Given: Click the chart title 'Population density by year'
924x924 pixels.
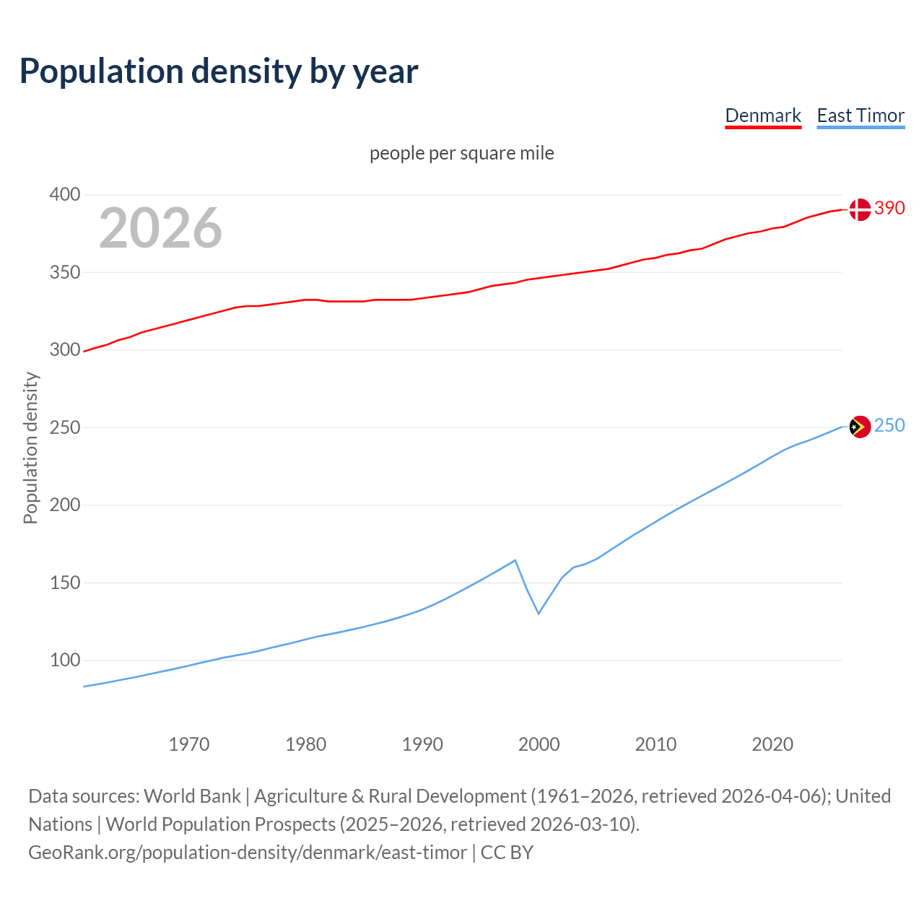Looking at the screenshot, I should click(x=219, y=71).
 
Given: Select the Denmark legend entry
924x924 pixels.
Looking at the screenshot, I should click(x=763, y=115).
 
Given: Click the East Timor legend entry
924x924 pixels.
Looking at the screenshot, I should click(x=860, y=115).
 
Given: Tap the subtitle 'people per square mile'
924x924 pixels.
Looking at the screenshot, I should click(x=461, y=154).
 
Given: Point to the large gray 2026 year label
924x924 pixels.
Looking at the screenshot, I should click(x=160, y=228).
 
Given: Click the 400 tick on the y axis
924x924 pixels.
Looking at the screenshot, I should click(x=64, y=195).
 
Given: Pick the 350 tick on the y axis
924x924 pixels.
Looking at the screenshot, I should click(x=64, y=273).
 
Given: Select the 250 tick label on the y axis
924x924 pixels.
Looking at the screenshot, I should click(x=64, y=427).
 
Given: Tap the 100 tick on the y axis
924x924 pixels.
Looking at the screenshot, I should click(x=64, y=660).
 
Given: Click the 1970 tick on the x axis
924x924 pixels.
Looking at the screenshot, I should click(x=189, y=744).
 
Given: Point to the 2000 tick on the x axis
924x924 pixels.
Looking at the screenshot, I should click(x=539, y=744).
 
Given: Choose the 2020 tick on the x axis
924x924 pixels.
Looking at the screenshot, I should click(x=772, y=744).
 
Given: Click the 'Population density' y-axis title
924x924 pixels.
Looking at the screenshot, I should click(x=30, y=448).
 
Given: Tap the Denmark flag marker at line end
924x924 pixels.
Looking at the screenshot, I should click(x=859, y=209).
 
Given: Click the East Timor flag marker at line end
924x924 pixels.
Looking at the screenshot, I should click(x=859, y=427).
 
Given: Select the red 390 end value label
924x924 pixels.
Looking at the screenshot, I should click(x=889, y=209).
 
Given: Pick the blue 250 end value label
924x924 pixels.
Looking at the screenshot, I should click(x=889, y=426).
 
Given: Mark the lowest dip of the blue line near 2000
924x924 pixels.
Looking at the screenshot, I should click(x=539, y=613).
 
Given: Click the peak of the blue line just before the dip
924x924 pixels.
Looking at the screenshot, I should click(x=515, y=560).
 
